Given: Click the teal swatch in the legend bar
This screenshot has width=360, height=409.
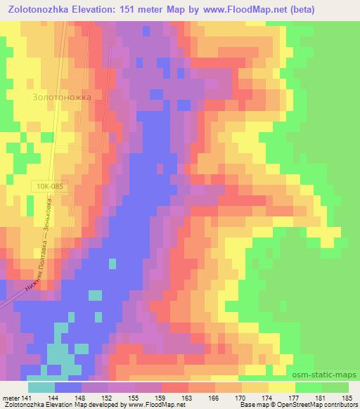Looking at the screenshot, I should point(41,387).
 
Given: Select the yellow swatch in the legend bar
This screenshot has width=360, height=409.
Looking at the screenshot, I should point(281,387).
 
